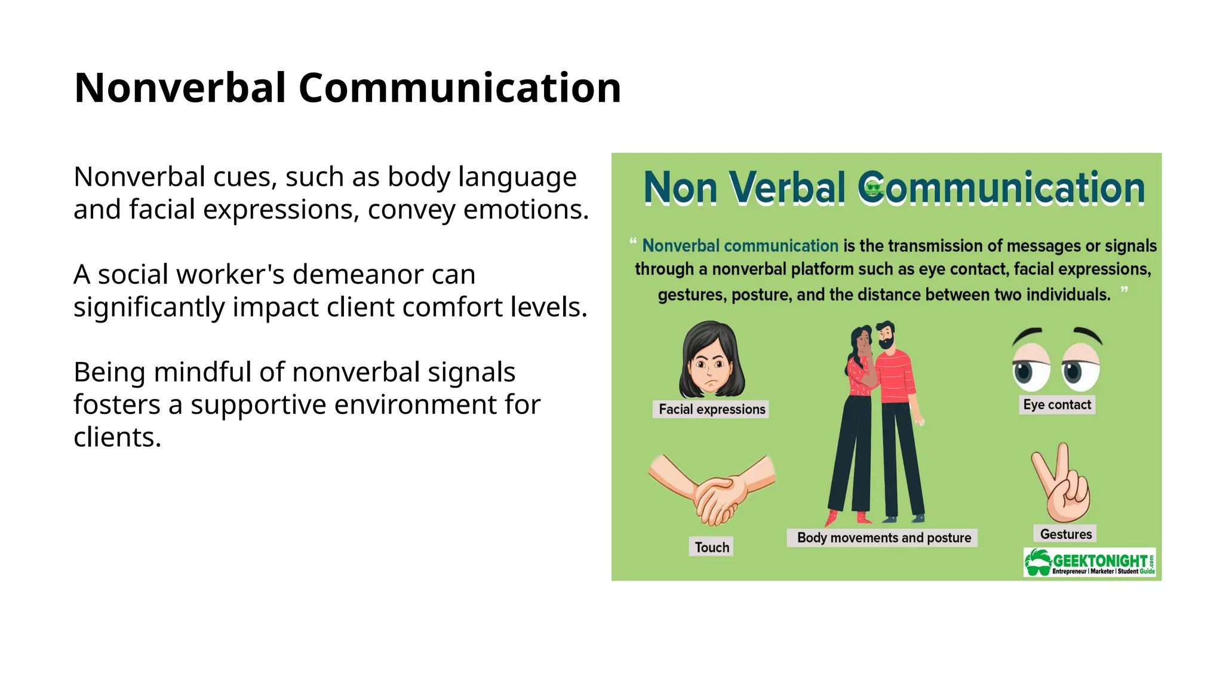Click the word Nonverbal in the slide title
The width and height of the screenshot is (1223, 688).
point(180,88)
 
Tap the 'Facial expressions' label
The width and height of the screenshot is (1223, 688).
point(711,409)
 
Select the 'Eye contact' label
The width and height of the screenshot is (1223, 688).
point(1056,405)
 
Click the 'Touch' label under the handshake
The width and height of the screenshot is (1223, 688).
point(711,547)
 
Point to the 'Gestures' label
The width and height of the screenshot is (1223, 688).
point(1065,534)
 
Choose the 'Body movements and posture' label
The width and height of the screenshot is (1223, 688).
point(883,537)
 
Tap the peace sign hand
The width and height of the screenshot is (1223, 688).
point(1064,484)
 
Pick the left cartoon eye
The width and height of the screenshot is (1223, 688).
point(1030,367)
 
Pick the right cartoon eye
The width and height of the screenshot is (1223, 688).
point(1080,367)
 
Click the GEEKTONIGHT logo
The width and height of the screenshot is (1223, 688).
point(1089,563)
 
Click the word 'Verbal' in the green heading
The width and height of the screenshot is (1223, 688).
point(788,188)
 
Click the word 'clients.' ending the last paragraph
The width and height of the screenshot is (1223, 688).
point(117,437)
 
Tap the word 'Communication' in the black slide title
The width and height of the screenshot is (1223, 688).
point(459,88)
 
